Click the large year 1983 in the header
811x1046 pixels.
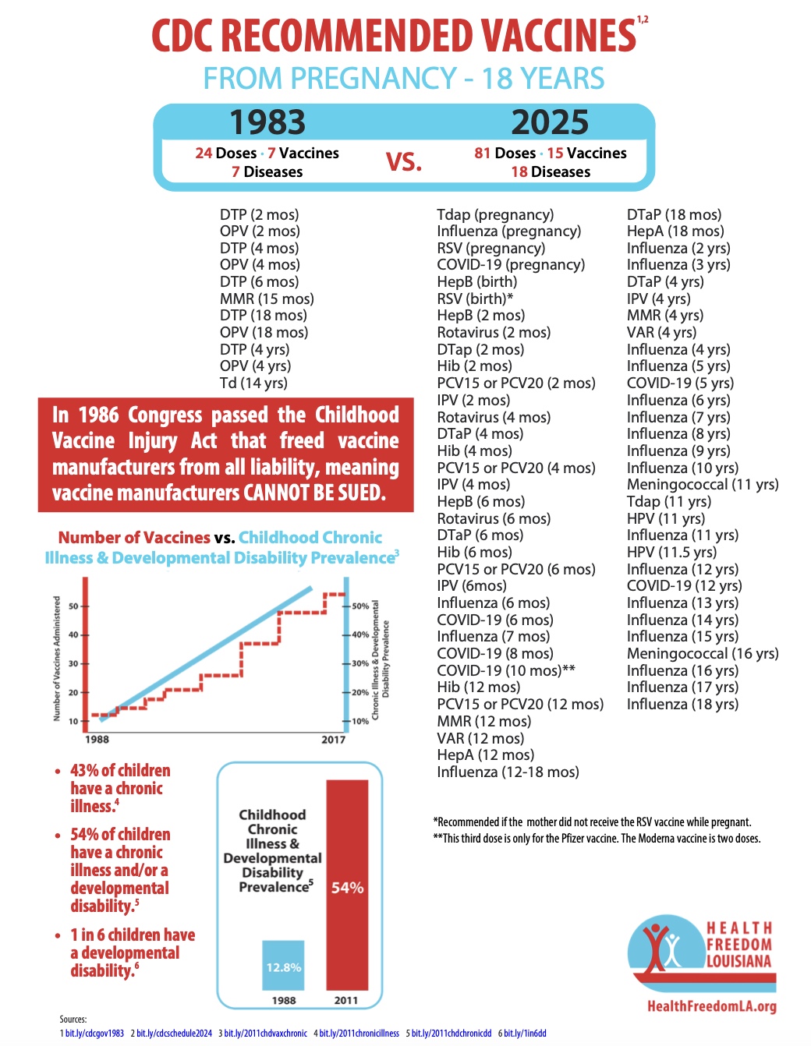tap(267, 122)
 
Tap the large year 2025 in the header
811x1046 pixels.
tap(550, 122)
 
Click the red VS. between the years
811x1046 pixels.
tap(404, 162)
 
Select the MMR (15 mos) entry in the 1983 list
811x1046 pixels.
tap(267, 299)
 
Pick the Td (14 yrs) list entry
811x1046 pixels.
tap(253, 383)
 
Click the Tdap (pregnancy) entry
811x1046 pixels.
tap(495, 214)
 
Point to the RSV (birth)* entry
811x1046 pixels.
tap(475, 299)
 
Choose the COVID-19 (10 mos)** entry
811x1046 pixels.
tap(506, 670)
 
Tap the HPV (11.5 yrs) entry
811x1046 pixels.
tap(671, 552)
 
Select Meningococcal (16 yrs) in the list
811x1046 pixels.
tap(703, 653)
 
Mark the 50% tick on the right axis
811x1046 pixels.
tap(359, 606)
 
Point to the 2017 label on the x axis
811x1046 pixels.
tap(333, 739)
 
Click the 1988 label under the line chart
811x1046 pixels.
tap(97, 739)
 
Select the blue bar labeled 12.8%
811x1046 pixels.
tap(283, 966)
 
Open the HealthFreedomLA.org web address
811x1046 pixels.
tap(711, 1006)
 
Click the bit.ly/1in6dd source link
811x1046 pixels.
tap(525, 1034)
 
